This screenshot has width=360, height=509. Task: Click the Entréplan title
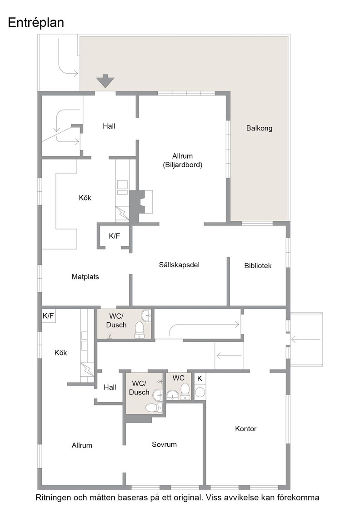36,23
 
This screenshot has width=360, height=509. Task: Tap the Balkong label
259,128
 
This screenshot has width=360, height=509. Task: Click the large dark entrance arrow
105,81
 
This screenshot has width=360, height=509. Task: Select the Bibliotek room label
258,265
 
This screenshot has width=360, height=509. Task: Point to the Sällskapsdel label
179,265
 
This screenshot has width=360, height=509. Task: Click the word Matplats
85,277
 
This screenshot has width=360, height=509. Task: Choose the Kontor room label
246,429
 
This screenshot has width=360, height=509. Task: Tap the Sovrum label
164,444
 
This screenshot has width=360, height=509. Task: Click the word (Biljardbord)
182,165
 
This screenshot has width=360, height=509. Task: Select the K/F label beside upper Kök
114,236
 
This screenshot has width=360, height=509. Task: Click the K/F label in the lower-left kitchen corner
48,315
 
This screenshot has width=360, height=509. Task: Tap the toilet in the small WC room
185,391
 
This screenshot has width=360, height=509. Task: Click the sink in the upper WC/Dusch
146,315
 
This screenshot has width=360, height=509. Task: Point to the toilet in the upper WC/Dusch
140,330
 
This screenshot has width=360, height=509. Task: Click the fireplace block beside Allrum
136,206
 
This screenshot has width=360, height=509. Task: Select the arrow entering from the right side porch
306,340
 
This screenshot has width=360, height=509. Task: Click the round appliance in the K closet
200,393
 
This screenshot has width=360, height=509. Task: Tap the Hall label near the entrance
109,126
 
